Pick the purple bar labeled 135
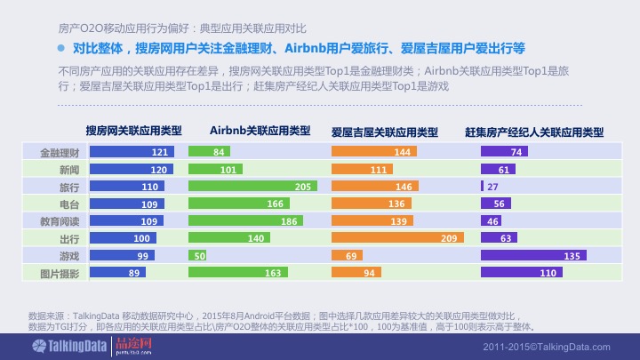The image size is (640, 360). pos(532,256)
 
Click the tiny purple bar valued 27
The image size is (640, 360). pos(483,187)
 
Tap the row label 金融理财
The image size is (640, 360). pos(60,153)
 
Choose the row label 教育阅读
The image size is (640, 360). pos(60,221)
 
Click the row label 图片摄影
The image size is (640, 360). pos(60,274)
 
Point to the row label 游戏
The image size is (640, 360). pos(69,256)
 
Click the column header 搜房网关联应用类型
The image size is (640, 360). pos(133,131)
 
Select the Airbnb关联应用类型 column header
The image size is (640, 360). pos(260,131)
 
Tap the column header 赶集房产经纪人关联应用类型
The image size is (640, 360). pos(534,132)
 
